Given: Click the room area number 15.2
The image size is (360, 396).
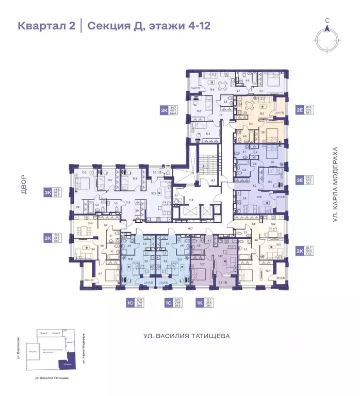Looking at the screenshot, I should pos(84,173).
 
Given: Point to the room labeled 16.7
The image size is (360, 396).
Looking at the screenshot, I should pos(267,271).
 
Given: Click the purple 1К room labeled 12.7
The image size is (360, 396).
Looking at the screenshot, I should pos(202,264).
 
